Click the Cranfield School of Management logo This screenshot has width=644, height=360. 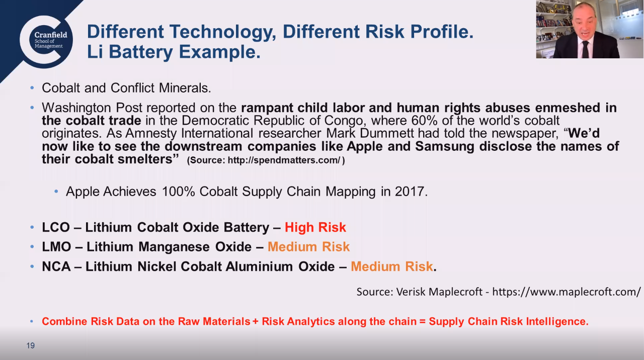pyautogui.click(x=46, y=42)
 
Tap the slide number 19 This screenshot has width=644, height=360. pyautogui.click(x=31, y=345)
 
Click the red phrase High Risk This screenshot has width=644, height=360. pyautogui.click(x=315, y=227)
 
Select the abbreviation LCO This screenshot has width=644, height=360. pyautogui.click(x=56, y=227)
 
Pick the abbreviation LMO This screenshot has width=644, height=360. pyautogui.click(x=56, y=247)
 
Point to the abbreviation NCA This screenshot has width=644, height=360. pyautogui.click(x=56, y=266)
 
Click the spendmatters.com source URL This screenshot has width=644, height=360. pyautogui.click(x=284, y=160)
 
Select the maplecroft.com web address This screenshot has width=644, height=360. pyautogui.click(x=567, y=292)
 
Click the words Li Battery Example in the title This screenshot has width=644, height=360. pyautogui.click(x=174, y=52)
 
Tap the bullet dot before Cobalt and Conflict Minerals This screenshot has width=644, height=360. pyautogui.click(x=32, y=88)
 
